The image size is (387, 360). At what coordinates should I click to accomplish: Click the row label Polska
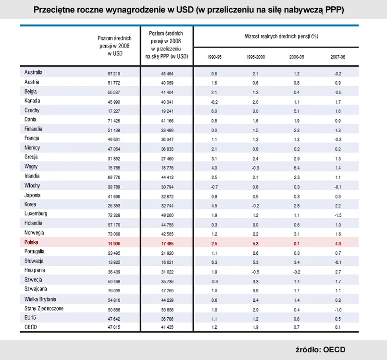pos(31,242)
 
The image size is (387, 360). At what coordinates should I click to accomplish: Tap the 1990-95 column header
pos(214,57)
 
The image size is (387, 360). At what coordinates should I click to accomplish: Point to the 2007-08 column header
pos(337,57)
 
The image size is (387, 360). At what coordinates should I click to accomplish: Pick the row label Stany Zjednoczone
pos(44,308)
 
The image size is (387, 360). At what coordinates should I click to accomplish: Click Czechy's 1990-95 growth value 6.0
pos(214,111)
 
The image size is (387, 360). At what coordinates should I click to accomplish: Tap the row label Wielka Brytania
pos(40,298)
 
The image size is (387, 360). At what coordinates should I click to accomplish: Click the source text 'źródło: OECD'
pos(320,349)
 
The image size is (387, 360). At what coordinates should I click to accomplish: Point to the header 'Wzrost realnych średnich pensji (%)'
pos(275,36)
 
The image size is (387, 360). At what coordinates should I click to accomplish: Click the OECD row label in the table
pos(31,327)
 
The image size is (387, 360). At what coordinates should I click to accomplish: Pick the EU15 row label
pos(30,317)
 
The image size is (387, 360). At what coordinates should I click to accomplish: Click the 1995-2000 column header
pos(255,57)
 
